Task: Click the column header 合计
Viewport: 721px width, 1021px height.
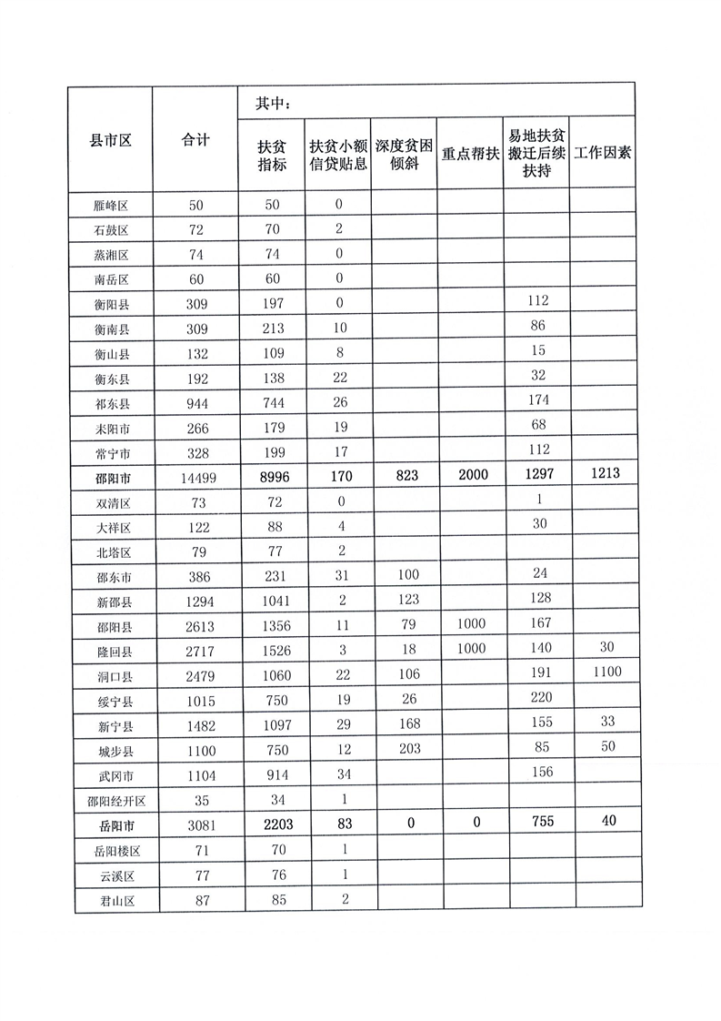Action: (195, 140)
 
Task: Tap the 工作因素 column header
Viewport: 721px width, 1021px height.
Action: (602, 153)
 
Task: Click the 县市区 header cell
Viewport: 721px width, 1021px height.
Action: (111, 140)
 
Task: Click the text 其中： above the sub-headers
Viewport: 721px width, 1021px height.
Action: (274, 102)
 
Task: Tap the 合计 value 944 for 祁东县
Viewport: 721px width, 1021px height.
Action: (195, 402)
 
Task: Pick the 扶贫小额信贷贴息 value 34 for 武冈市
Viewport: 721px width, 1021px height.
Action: (337, 774)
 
